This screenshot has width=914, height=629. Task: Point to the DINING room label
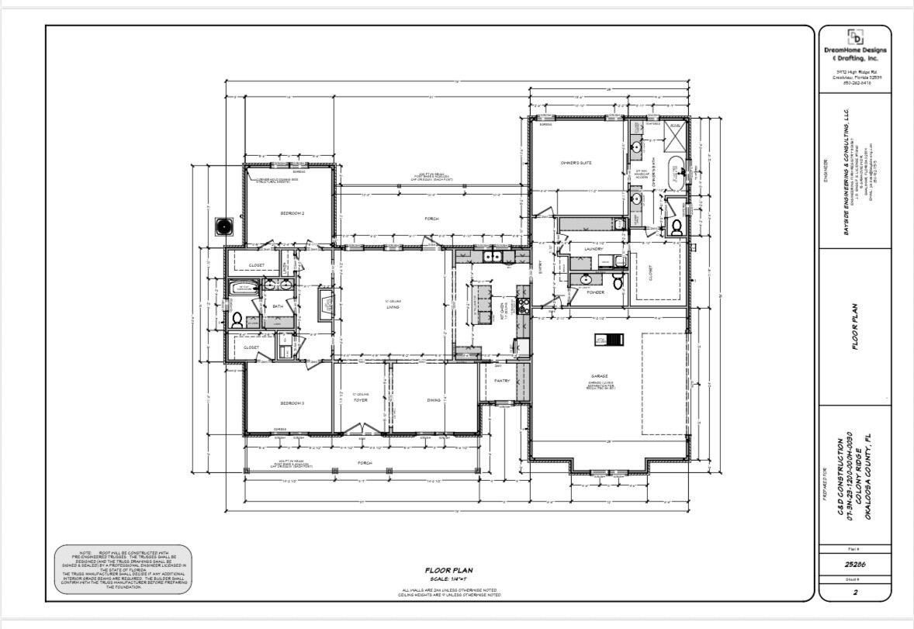click(x=434, y=400)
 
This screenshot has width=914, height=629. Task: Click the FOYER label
click(x=360, y=400)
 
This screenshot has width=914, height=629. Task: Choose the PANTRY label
click(x=502, y=380)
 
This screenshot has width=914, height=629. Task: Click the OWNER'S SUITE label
click(x=576, y=163)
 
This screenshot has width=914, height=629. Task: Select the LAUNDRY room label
click(x=594, y=249)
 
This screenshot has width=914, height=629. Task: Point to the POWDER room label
click(x=595, y=292)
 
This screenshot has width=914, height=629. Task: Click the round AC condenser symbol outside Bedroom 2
click(x=225, y=226)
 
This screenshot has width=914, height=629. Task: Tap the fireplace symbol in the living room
click(x=326, y=302)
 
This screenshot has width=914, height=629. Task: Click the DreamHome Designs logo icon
click(x=855, y=37)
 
